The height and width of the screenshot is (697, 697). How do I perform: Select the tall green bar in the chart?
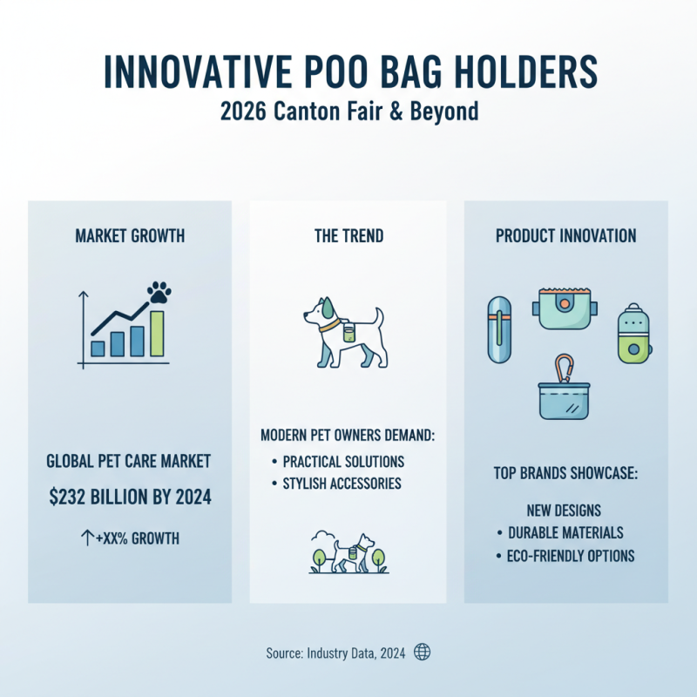pos(157,334)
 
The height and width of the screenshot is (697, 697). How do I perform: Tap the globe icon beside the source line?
pos(423,652)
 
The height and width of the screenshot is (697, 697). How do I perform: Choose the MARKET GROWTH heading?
pos(130,236)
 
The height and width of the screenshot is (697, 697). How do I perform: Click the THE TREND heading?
pos(348,236)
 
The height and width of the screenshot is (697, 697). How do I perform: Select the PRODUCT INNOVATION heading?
pos(565,236)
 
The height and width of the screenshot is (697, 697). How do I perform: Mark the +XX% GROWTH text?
pos(132,538)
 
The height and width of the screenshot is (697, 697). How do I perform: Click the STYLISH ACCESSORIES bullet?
pos(341,483)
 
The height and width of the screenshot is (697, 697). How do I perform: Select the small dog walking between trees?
pos(353,553)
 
